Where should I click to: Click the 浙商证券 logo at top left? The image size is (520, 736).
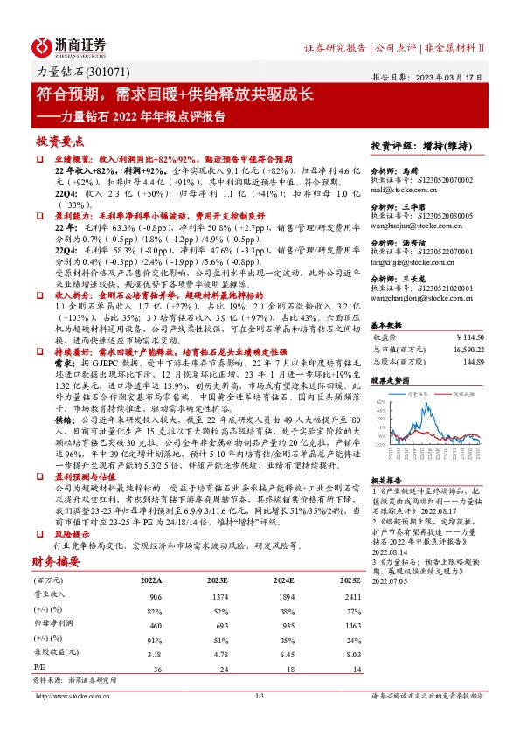click(70, 45)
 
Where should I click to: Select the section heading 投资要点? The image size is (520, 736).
click(59, 141)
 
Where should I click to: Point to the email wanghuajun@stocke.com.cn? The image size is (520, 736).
click(413, 225)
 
